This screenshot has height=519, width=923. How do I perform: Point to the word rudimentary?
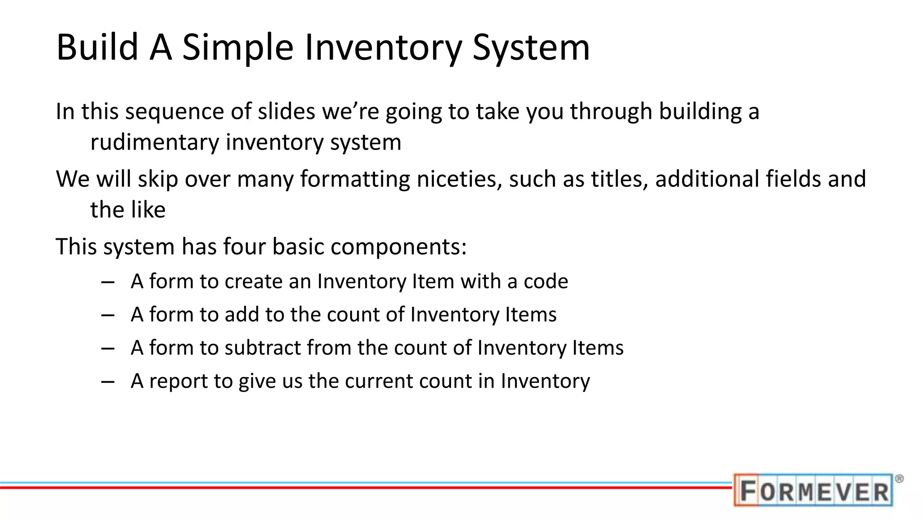(x=154, y=142)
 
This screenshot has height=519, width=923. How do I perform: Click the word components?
(x=398, y=247)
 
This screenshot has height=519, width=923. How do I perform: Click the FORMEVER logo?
(x=813, y=490)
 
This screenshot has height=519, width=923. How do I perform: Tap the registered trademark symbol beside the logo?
(x=899, y=479)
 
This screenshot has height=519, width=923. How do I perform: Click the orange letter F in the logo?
(x=748, y=490)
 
